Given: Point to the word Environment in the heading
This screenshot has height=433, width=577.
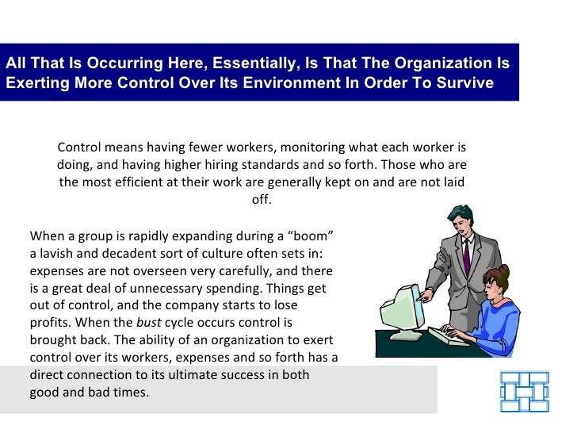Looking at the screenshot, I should coord(264,83).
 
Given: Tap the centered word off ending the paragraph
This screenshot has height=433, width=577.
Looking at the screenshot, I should coord(262,199).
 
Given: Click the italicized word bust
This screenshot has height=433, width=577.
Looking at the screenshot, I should coord(149,323).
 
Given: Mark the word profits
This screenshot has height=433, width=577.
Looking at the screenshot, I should coord(51,323).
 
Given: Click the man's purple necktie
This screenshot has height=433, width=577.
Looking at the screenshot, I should coord(467,255).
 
